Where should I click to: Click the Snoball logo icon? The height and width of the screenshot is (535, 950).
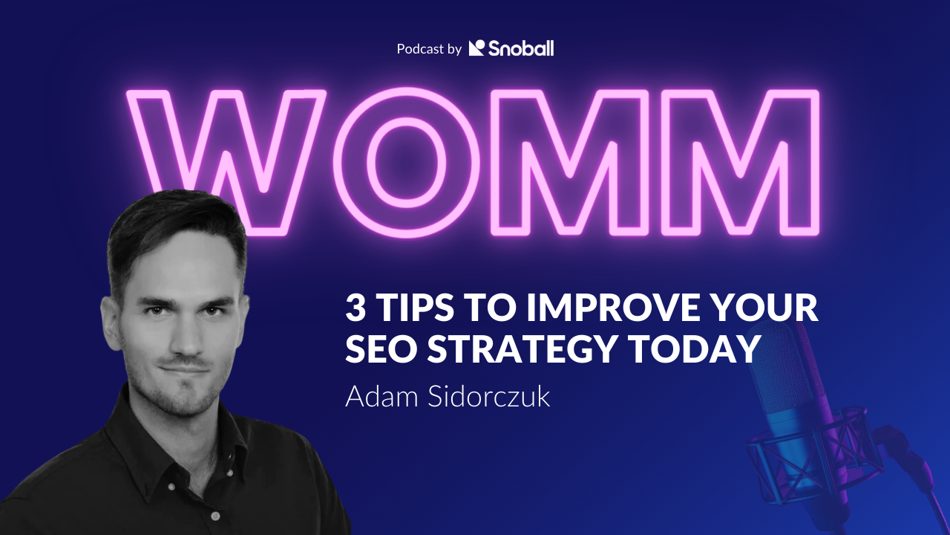(x=476, y=48)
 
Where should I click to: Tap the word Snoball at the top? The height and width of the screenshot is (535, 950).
(x=520, y=48)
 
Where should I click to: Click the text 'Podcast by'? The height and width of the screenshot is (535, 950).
(x=429, y=49)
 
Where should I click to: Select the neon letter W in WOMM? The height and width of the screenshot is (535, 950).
(x=226, y=160)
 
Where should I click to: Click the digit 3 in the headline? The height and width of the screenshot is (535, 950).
(x=356, y=308)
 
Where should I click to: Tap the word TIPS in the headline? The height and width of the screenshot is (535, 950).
(x=409, y=308)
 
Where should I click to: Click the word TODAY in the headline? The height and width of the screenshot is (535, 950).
(x=697, y=349)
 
